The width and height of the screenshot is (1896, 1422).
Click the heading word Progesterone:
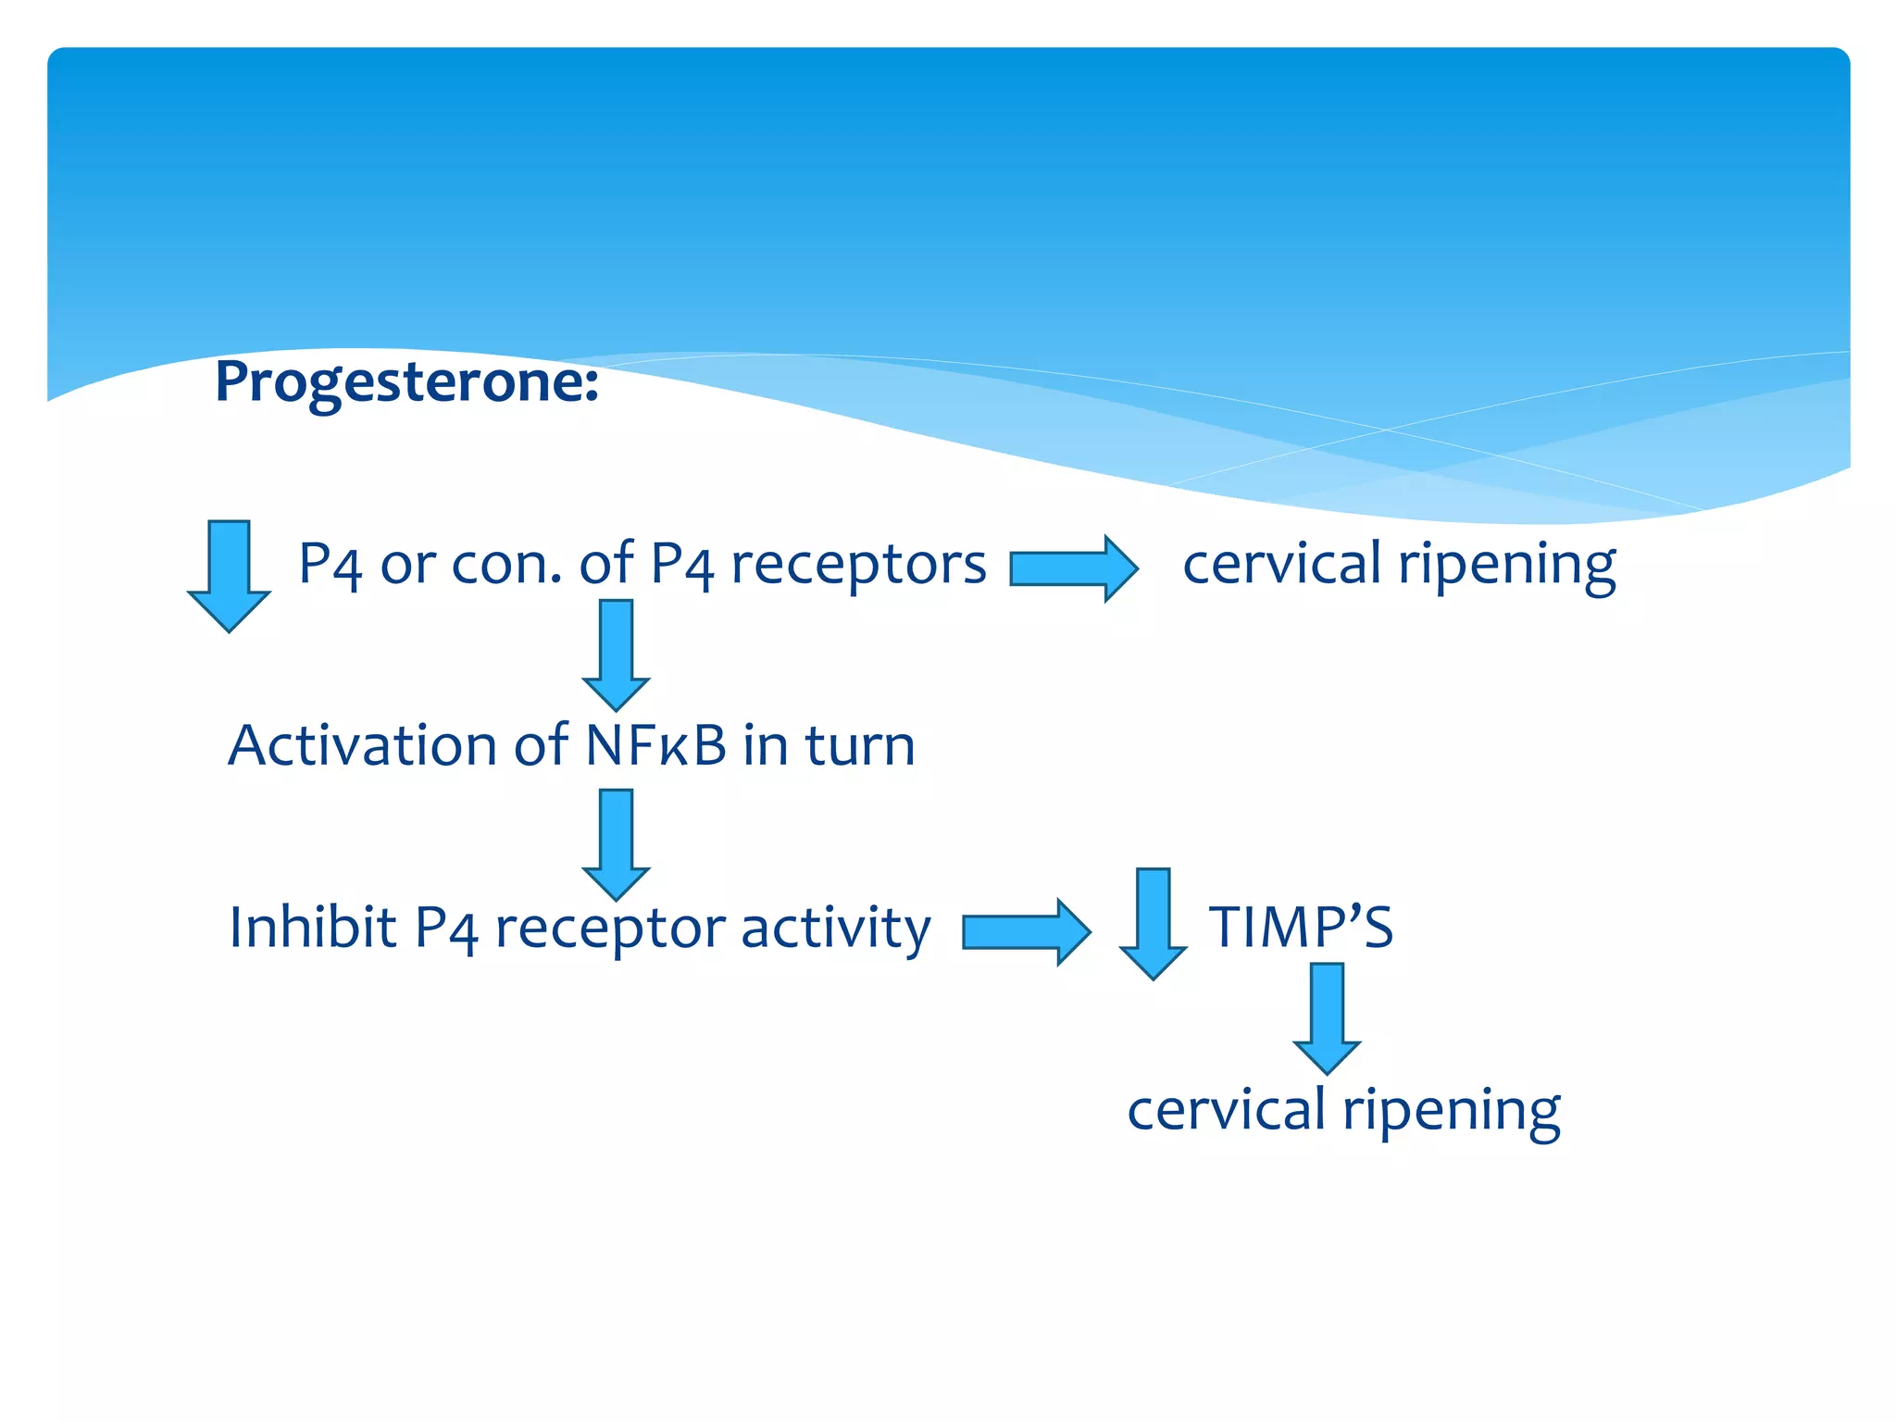[406, 381]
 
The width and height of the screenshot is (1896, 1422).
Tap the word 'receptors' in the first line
[858, 564]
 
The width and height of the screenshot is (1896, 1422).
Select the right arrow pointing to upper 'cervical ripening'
[1073, 568]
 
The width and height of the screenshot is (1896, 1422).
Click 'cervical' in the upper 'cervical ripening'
[1281, 564]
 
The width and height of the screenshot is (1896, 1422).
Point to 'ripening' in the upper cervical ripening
[1507, 564]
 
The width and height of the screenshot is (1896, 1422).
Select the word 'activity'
[835, 927]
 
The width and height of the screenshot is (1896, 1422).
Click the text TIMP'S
[1300, 927]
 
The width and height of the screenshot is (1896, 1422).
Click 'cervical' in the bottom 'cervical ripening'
[1226, 1109]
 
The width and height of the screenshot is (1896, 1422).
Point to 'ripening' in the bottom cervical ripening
[1452, 1109]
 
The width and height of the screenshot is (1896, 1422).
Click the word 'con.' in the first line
[506, 564]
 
